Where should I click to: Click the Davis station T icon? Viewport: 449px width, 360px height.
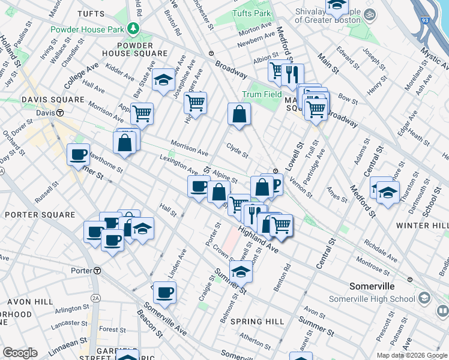coord(60,112)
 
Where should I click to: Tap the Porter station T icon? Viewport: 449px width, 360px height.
coord(97,271)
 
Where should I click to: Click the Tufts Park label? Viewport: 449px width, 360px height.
coord(251,13)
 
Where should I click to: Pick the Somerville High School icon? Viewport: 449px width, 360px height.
coord(424,298)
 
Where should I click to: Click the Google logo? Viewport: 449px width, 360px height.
coord(20,353)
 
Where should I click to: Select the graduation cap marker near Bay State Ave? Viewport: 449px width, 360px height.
coord(163,80)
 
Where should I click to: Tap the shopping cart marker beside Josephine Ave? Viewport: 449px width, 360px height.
coord(195,103)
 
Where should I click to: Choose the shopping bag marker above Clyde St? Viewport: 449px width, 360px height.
coord(239,113)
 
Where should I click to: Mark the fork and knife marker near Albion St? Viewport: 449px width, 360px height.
coord(292,74)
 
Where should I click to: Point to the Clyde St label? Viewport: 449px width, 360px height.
coord(237,148)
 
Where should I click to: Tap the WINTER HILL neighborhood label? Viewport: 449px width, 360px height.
coord(422,225)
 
